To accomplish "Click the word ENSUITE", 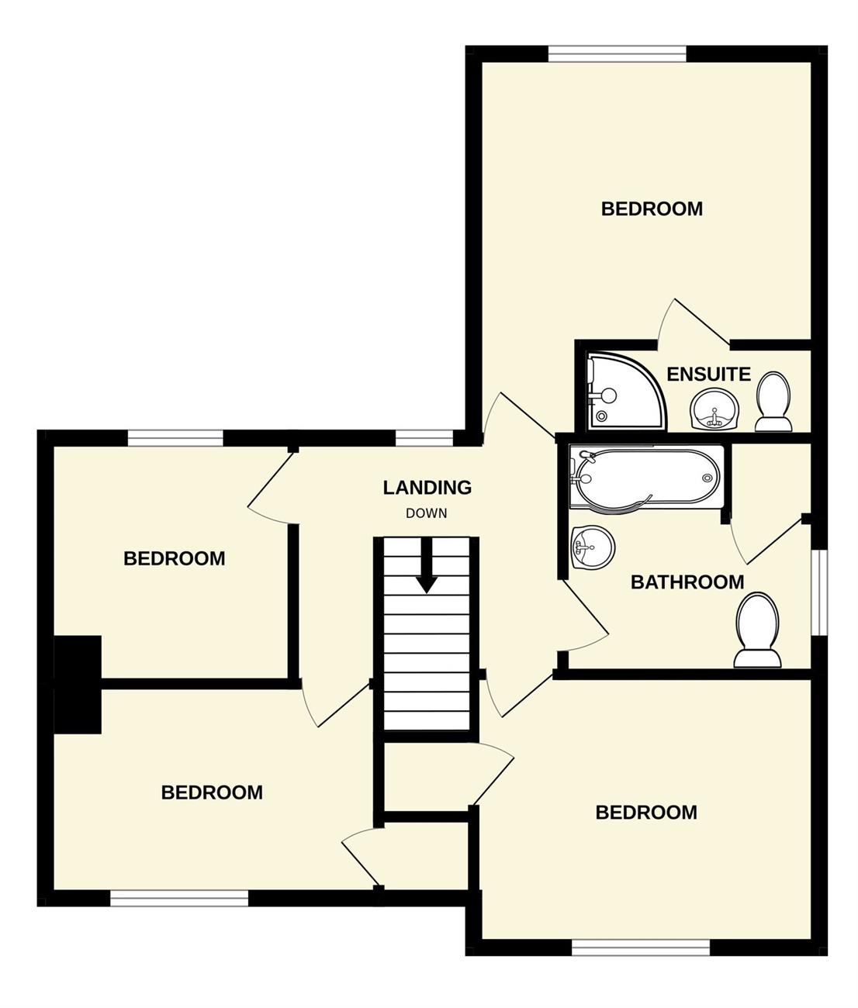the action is pos(708,375).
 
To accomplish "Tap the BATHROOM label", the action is pos(687,582).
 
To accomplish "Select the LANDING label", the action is pos(427,488).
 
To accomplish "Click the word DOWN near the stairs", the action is pos(427,513).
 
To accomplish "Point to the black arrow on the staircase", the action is pos(427,566).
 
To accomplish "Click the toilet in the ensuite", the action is pos(773,402).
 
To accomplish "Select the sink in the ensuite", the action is pos(715,409).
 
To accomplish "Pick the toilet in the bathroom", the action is pos(757,630).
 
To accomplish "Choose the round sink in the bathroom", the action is pos(592,547).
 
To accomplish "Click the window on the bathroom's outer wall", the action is pos(819,592).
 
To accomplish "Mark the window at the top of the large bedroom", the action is pos(617,54).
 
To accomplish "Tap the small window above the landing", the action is pos(424,438).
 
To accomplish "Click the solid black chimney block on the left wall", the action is pos(77,684).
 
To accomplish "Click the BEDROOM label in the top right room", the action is pos(652,209).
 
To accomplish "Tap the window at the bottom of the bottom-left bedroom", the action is pos(179,899).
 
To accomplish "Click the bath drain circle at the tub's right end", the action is pos(708,478).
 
